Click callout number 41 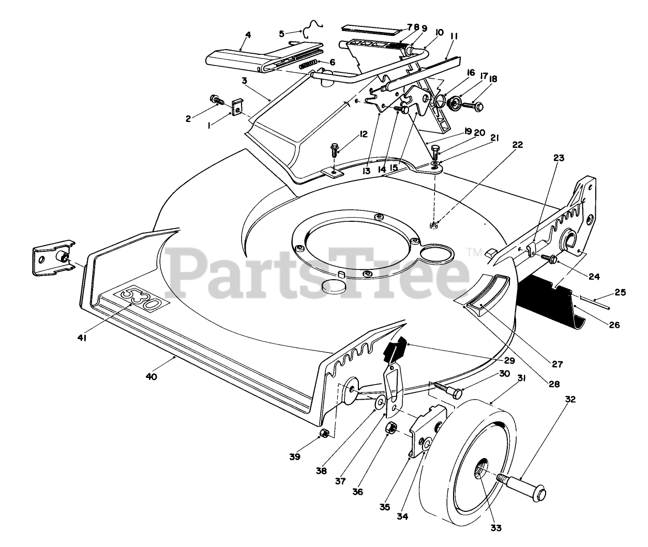82,338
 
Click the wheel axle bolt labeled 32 522,485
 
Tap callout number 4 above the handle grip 248,35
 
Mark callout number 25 621,293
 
